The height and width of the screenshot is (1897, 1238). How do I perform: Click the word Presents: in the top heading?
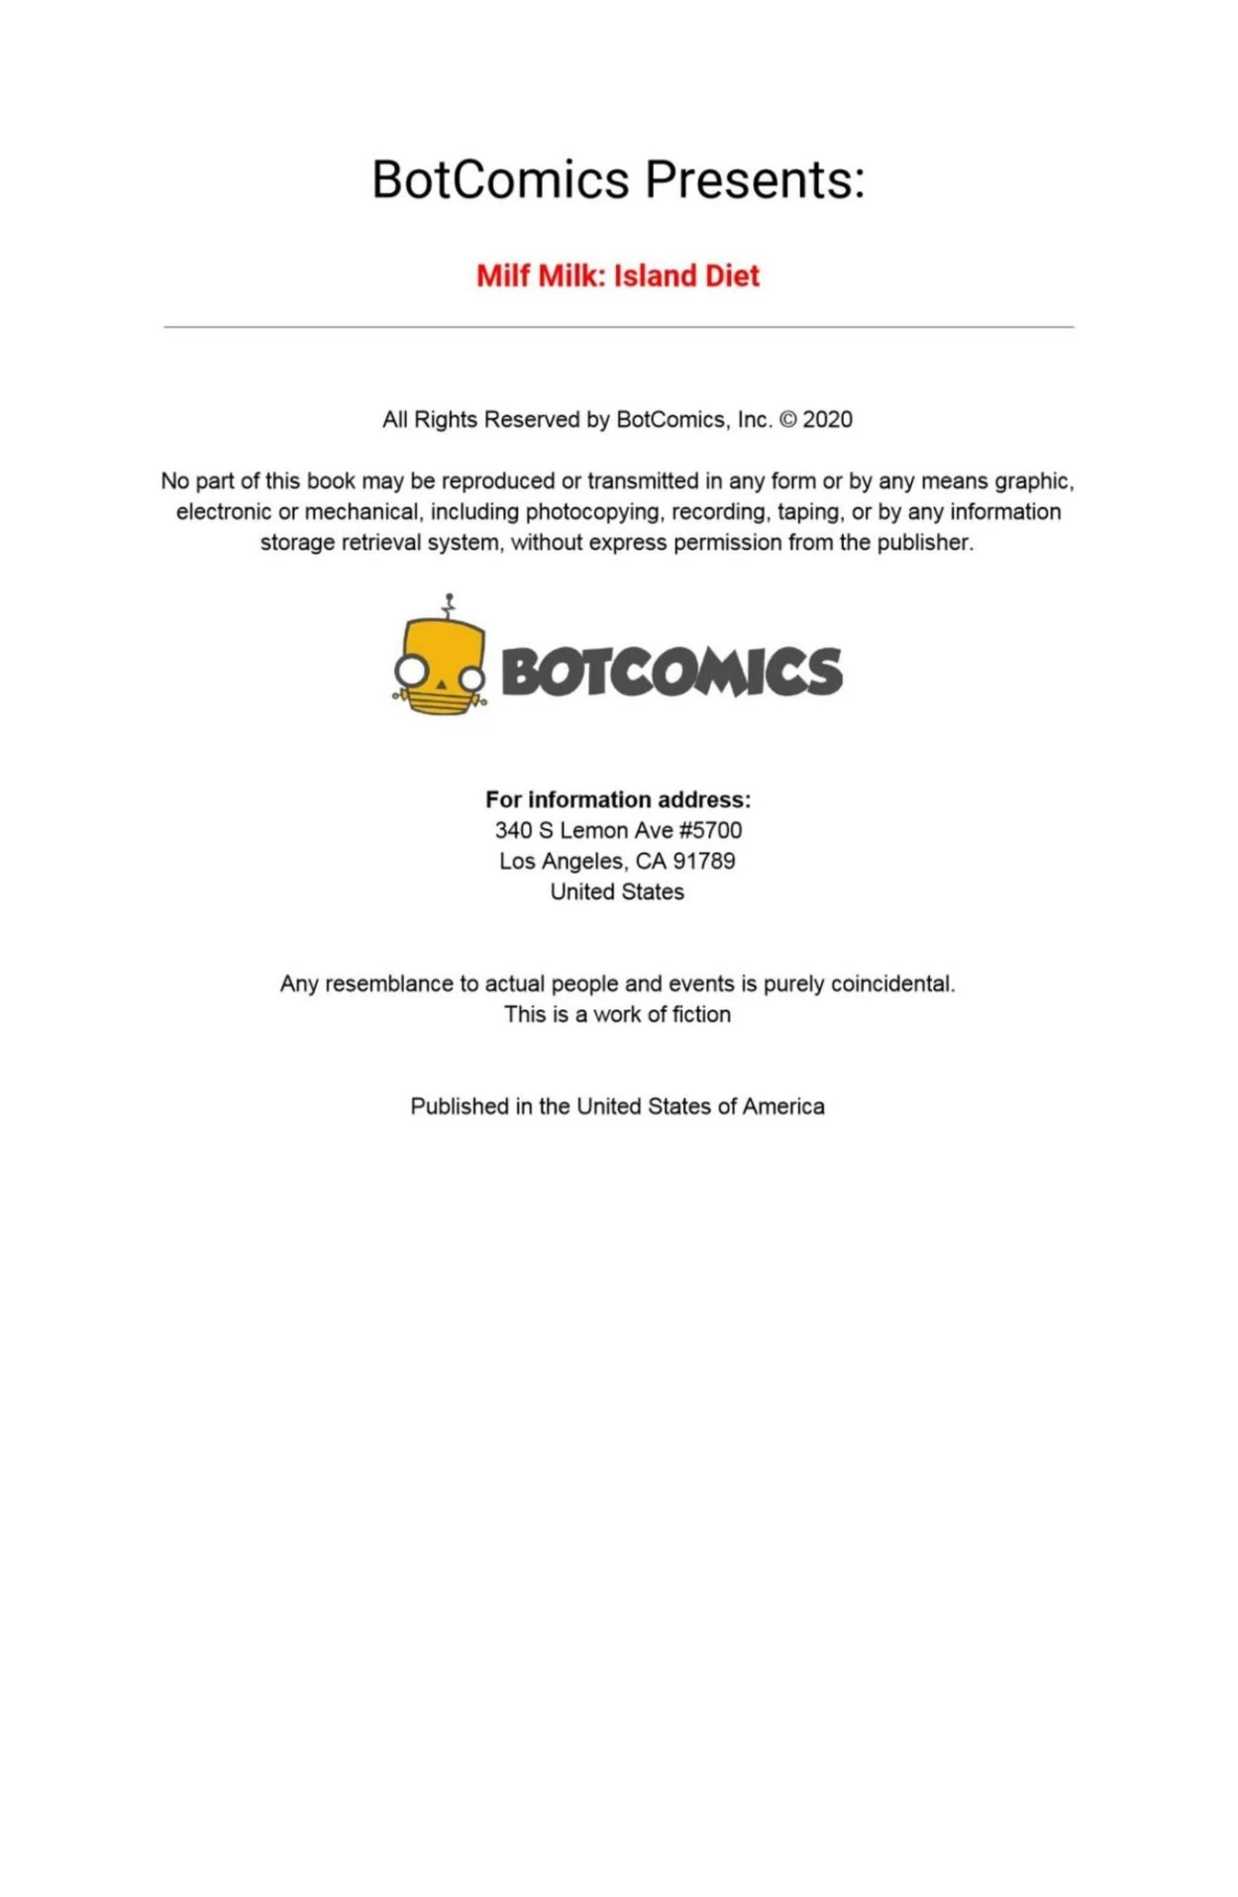[x=755, y=180]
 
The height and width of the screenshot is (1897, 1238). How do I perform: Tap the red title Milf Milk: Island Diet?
[x=618, y=275]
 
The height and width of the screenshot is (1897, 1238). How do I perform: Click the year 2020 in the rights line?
[x=827, y=420]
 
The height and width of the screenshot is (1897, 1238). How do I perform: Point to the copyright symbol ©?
[x=788, y=420]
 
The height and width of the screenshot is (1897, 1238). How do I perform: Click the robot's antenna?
[x=450, y=605]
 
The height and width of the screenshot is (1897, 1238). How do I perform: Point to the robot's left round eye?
[x=409, y=672]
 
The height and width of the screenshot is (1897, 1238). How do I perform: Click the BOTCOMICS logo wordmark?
[x=671, y=672]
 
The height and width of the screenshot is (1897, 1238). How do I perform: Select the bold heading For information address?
[x=618, y=799]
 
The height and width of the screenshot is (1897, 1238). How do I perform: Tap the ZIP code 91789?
[x=704, y=861]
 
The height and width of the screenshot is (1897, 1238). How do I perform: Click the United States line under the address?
[x=617, y=892]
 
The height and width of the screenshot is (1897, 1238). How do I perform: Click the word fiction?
[x=701, y=1014]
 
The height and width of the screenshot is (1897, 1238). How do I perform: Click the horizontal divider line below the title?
[x=618, y=327]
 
